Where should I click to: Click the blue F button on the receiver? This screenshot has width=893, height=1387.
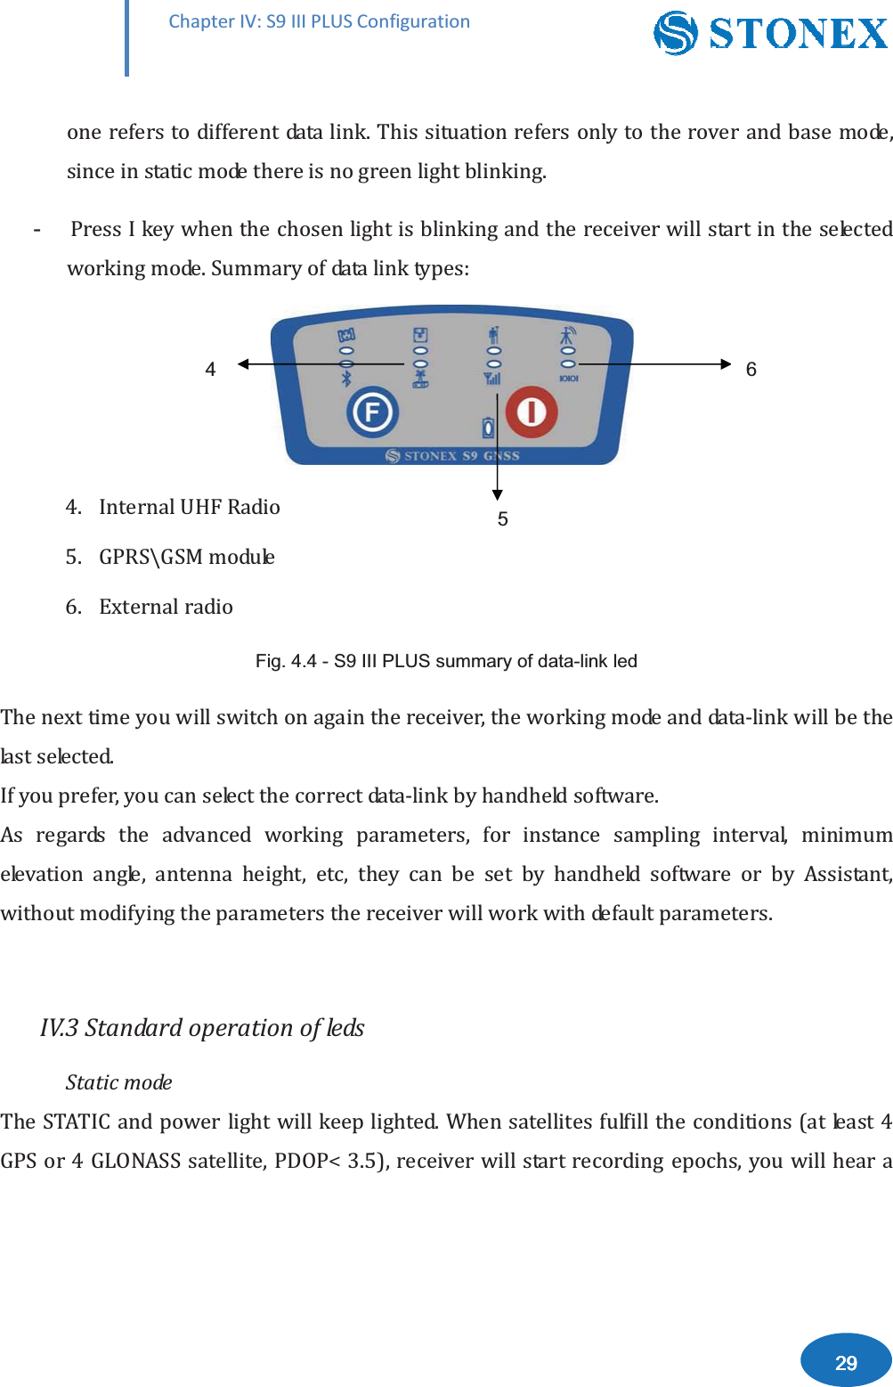(x=372, y=412)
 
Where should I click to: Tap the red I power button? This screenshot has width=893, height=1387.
(x=532, y=412)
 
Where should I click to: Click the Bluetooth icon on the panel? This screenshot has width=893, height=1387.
(x=346, y=379)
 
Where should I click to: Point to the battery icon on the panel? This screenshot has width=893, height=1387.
(x=488, y=428)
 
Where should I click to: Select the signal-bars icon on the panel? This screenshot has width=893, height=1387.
(x=492, y=379)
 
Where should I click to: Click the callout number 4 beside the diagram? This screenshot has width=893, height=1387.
(x=210, y=370)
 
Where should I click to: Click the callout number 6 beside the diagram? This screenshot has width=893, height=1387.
(x=751, y=370)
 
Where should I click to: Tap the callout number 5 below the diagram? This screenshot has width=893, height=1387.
(x=503, y=519)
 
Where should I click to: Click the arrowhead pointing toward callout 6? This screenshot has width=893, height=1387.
(x=725, y=363)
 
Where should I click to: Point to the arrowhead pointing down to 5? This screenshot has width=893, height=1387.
(x=498, y=494)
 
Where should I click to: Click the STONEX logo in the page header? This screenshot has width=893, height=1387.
(x=771, y=33)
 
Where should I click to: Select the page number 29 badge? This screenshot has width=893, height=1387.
(x=846, y=1362)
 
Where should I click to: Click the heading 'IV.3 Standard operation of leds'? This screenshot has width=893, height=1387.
(x=202, y=1028)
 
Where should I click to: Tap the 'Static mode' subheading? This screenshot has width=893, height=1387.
(x=118, y=1082)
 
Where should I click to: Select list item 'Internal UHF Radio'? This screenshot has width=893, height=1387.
(x=189, y=507)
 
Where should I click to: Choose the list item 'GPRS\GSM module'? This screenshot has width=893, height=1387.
(x=186, y=557)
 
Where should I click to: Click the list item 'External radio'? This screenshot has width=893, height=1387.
(x=166, y=607)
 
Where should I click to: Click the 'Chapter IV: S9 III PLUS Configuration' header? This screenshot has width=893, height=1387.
(x=319, y=21)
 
